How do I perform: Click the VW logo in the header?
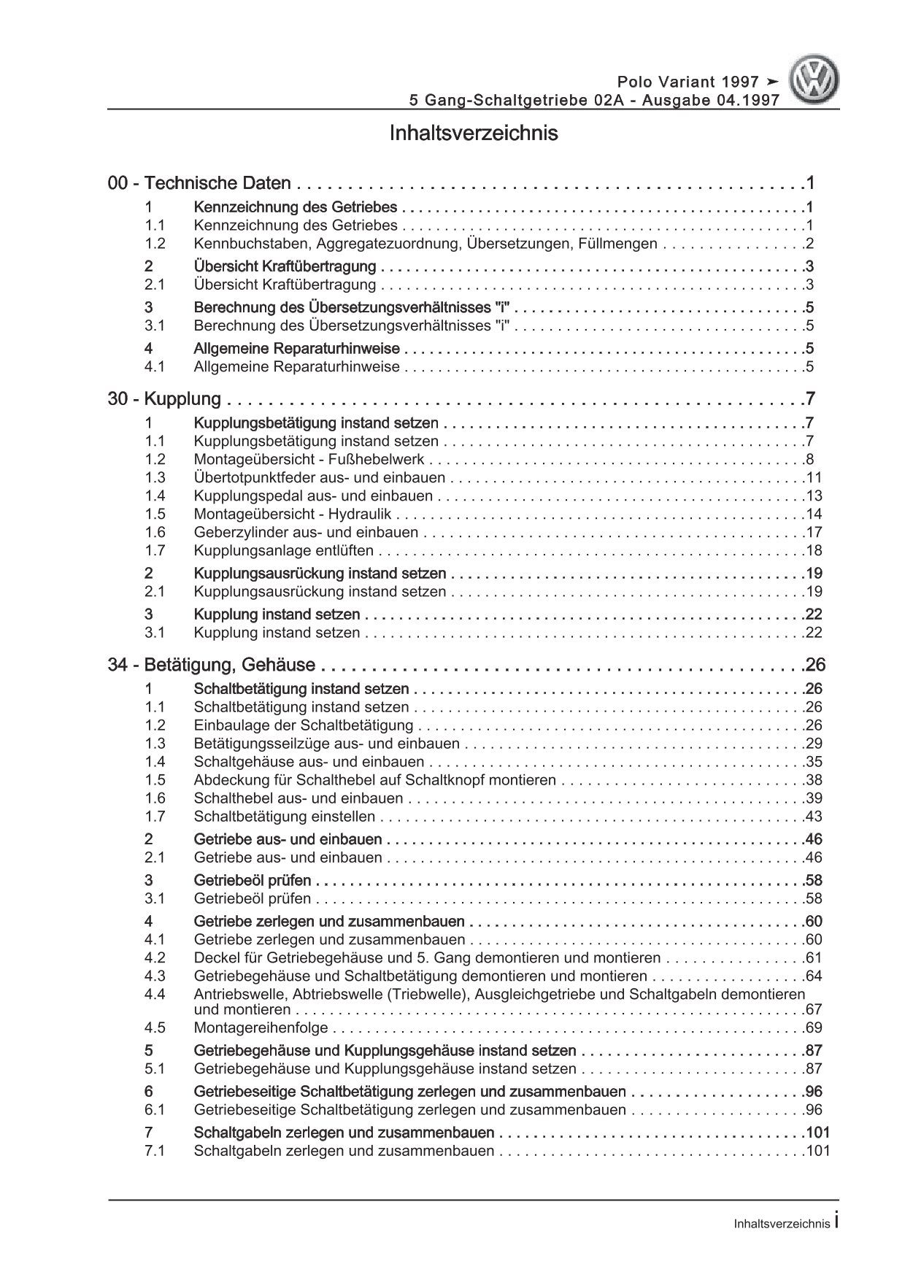click(816, 82)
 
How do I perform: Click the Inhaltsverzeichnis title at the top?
click(474, 134)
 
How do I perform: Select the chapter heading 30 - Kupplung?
click(164, 399)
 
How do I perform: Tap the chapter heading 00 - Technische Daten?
click(199, 184)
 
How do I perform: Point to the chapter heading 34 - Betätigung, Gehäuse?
click(212, 666)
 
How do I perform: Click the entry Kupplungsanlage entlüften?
click(284, 551)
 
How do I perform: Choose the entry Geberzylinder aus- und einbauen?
click(307, 533)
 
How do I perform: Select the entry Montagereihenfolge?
click(261, 1028)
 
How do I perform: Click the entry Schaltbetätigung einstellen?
click(285, 817)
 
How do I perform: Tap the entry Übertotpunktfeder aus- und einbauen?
click(320, 478)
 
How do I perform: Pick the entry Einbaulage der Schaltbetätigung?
click(304, 725)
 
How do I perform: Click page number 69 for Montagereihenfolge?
click(814, 1028)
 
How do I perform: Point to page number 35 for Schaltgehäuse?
click(814, 762)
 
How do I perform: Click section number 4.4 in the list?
click(155, 995)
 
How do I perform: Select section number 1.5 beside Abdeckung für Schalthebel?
click(155, 780)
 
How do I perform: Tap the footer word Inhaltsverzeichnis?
click(782, 1225)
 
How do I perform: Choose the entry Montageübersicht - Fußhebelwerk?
click(309, 460)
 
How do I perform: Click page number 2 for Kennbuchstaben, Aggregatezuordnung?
click(810, 244)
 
